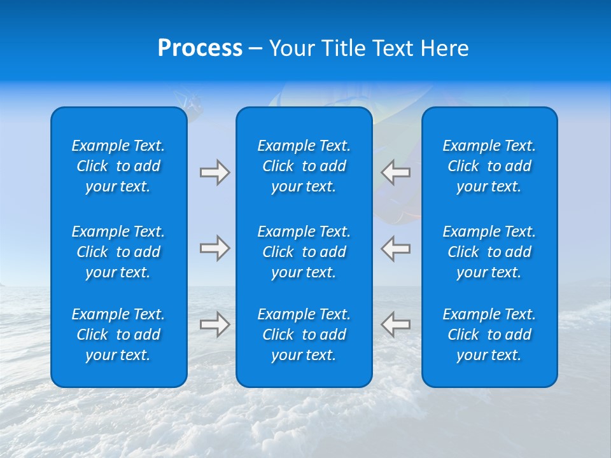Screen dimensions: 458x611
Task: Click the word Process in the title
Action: [200, 48]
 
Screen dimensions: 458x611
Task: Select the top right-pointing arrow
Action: [214, 172]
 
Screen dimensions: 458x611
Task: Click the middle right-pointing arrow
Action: [214, 248]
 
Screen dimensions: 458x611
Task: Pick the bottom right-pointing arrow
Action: [214, 324]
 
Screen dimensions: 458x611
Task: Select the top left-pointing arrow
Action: [396, 172]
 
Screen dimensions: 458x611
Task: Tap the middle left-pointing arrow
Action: [396, 248]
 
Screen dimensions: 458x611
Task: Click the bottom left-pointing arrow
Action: [396, 324]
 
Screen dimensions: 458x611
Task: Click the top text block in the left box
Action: [118, 166]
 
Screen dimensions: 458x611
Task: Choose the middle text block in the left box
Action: [118, 252]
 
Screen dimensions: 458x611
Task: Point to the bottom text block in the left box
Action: [118, 335]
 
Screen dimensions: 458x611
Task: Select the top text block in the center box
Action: [304, 166]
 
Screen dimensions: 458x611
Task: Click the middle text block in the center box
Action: [304, 252]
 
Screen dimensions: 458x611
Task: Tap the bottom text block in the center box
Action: [304, 335]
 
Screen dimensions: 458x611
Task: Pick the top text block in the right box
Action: [489, 166]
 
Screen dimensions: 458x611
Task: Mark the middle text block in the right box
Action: [489, 252]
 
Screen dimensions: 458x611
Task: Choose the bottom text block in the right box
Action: [489, 335]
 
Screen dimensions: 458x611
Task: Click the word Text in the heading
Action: [389, 48]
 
